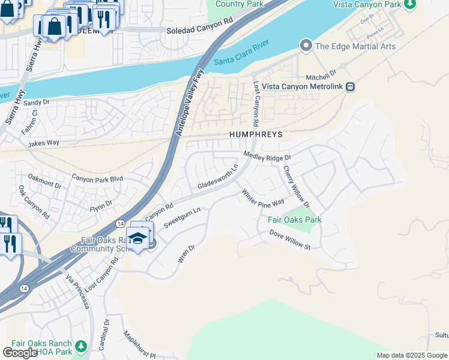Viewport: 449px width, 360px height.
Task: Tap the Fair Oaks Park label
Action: click(x=294, y=220)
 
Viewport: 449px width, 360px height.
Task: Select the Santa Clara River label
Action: click(x=242, y=53)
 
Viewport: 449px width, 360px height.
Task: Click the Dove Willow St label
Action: click(x=289, y=240)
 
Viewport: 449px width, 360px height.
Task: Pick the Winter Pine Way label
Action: click(x=262, y=197)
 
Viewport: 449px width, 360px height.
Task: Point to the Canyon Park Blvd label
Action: click(x=97, y=178)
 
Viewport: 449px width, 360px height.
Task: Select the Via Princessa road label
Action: click(x=77, y=292)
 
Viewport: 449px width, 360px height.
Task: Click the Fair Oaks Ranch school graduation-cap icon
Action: click(x=137, y=238)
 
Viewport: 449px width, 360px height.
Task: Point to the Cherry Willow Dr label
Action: click(x=296, y=187)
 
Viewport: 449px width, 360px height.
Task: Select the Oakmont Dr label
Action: click(x=44, y=181)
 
